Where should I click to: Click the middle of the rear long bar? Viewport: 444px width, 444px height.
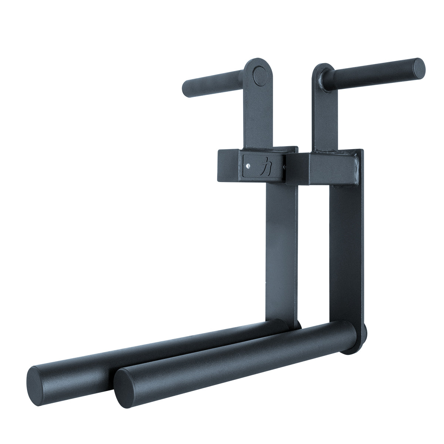(155, 346)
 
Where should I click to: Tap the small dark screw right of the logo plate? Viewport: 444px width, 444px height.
(284, 166)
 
